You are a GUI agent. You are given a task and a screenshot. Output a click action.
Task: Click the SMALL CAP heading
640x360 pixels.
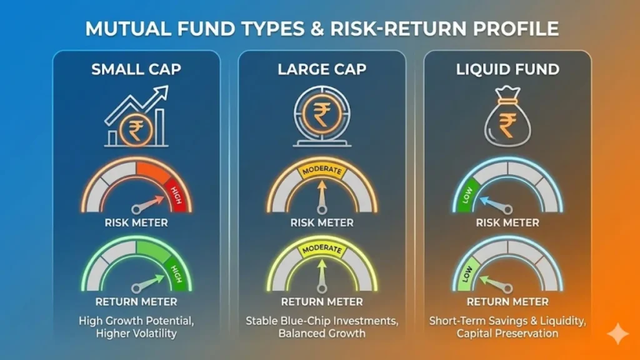(136, 69)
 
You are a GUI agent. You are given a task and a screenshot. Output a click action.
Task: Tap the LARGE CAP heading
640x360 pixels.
(321, 69)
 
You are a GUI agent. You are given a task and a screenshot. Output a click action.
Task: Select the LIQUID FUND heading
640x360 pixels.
(507, 69)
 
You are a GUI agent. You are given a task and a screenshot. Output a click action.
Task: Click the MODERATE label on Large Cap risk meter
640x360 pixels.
(322, 170)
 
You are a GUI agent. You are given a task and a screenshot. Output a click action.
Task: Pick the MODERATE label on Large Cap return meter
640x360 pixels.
(322, 249)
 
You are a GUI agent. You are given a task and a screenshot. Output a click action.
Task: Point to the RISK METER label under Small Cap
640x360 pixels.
(136, 222)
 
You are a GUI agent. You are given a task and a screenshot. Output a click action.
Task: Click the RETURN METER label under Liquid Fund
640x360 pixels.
(507, 302)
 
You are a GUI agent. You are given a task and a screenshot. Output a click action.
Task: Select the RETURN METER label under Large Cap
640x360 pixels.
(321, 302)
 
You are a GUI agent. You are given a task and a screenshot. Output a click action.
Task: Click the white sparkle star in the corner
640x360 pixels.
(618, 334)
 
